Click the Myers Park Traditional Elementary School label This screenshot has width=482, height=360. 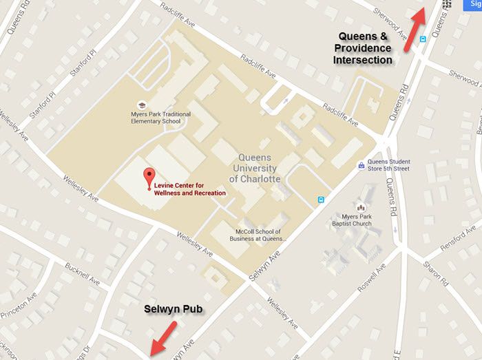pyautogui.click(x=151, y=118)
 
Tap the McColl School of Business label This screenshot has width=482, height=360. pyautogui.click(x=259, y=235)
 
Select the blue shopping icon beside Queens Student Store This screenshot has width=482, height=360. pyautogui.click(x=359, y=165)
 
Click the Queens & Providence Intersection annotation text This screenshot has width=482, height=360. pyautogui.click(x=363, y=48)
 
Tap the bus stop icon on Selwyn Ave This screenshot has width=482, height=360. pyautogui.click(x=320, y=200)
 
